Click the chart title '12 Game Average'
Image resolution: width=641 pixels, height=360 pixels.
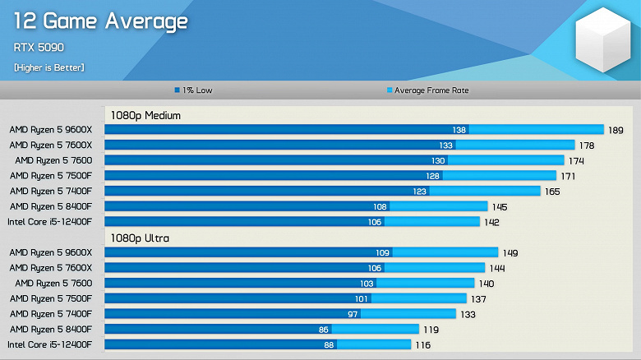coord(99,22)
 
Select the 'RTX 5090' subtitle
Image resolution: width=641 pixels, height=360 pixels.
coord(39,48)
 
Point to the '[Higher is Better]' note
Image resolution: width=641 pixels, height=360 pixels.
coord(48,67)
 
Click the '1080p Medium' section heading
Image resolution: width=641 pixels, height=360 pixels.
coord(145,116)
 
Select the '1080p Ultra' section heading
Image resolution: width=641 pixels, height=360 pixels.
coord(140,238)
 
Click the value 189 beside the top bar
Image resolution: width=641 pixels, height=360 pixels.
coord(616,130)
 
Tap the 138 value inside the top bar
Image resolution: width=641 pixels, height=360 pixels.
coord(459,130)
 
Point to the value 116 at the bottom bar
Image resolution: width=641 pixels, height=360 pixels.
coord(422,345)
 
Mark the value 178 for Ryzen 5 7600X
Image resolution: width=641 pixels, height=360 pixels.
coord(587,145)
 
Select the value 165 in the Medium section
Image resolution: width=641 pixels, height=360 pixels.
coord(552,192)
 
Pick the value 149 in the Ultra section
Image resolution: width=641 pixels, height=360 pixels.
coord(510,253)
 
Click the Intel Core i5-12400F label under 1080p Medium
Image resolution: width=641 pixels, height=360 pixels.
coord(50,222)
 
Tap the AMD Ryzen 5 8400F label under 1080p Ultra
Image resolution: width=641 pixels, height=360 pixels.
coord(51,330)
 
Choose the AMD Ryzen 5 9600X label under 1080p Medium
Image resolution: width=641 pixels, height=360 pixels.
coord(51,130)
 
